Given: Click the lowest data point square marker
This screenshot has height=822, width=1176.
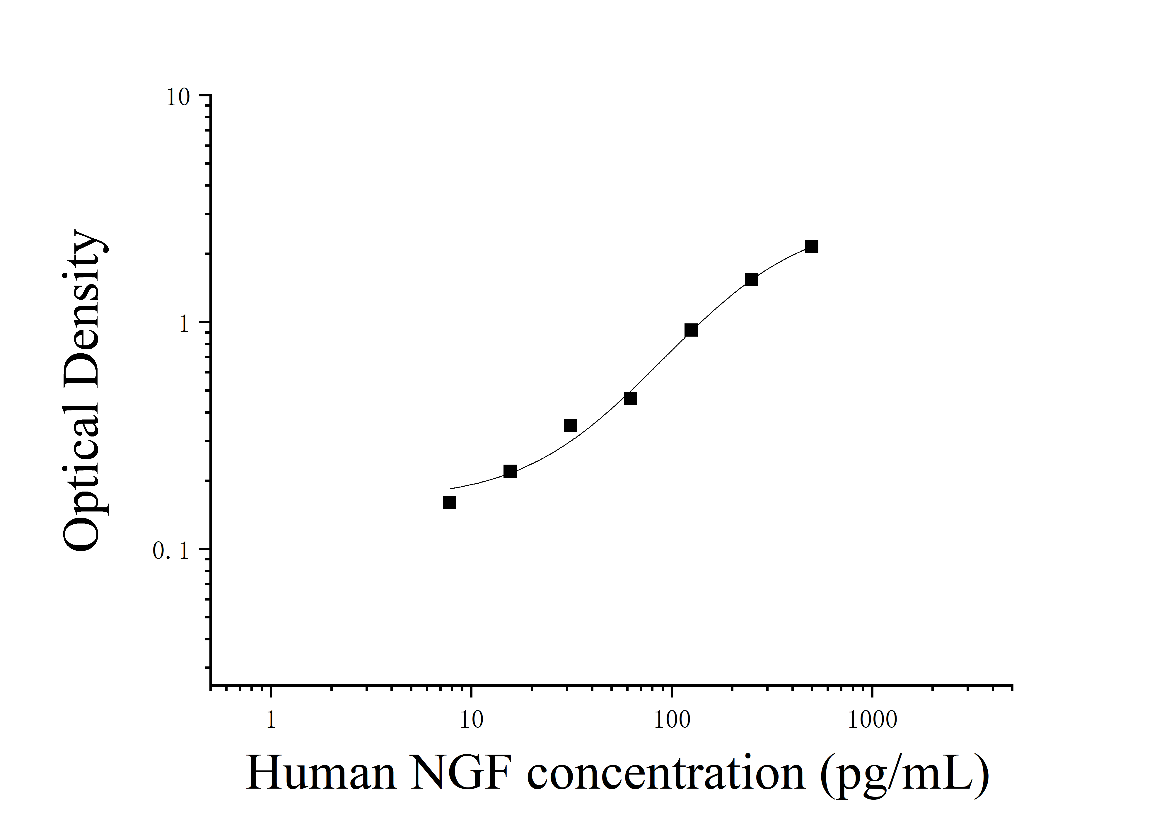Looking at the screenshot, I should [450, 502].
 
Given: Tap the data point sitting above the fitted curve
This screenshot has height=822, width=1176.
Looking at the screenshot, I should [570, 426].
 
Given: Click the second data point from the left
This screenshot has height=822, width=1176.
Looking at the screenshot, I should [510, 471].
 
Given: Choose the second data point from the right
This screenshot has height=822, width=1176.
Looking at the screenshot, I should [751, 279].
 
